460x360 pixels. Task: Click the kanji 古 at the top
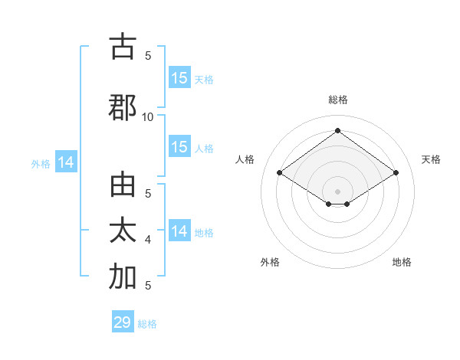tap(123, 47)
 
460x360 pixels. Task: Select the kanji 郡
tap(123, 108)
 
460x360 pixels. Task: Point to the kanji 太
tap(123, 231)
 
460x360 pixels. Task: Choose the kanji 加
tap(123, 277)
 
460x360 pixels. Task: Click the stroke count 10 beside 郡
tap(148, 116)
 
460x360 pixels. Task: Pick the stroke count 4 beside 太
tap(148, 240)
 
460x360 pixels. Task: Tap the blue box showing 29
tap(123, 322)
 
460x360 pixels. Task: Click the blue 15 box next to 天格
tap(179, 78)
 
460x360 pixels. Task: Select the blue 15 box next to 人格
tap(179, 147)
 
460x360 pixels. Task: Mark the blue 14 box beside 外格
tap(65, 162)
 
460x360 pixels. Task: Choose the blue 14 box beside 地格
tap(179, 231)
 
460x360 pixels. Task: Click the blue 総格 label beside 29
tap(147, 324)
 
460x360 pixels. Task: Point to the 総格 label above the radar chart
tap(337, 100)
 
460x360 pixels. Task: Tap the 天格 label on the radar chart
tap(431, 159)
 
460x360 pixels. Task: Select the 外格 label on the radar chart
tap(270, 262)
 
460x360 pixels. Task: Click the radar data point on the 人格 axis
tap(280, 172)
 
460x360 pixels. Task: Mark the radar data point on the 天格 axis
tap(396, 172)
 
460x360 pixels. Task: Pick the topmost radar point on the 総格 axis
tap(337, 130)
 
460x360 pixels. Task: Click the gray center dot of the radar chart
tap(337, 191)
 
